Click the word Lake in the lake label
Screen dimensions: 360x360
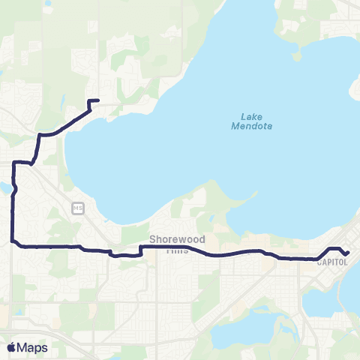click(x=251, y=116)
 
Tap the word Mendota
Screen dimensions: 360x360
click(x=251, y=126)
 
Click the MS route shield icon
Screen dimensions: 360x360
click(x=77, y=207)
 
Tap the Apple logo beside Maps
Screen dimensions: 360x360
click(x=10, y=347)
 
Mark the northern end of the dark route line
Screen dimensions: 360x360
click(x=99, y=100)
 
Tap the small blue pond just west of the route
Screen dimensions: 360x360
click(x=4, y=187)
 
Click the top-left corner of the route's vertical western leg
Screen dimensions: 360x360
click(x=14, y=161)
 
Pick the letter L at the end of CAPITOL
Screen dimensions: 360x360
click(x=349, y=262)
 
